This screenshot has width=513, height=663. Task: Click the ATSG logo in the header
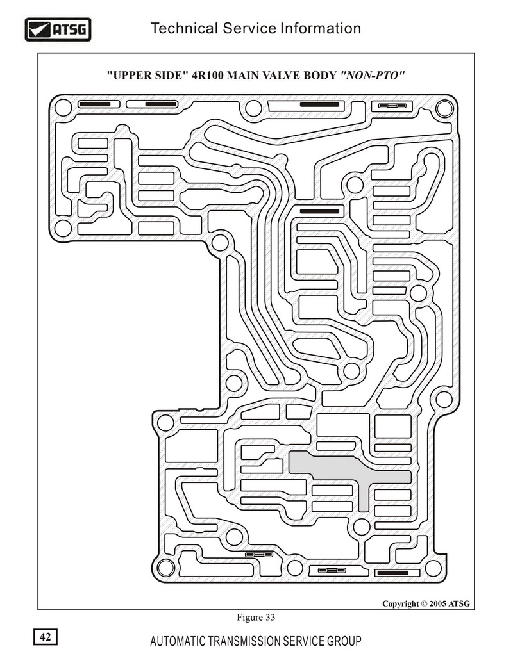(x=58, y=29)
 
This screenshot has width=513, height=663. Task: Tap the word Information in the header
(x=321, y=28)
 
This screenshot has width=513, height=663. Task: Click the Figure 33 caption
(x=256, y=618)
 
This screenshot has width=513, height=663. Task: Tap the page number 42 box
(x=46, y=637)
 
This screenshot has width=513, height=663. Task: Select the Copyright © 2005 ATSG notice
(x=426, y=603)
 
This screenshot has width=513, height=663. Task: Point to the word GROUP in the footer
(x=344, y=641)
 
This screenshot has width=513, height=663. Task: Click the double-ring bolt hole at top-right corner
(x=444, y=108)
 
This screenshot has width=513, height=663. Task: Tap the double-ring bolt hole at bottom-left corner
(x=165, y=568)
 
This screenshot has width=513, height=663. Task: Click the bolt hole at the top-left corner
(x=63, y=108)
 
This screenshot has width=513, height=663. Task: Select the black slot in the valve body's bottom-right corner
(x=392, y=573)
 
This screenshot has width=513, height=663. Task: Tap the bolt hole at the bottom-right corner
(x=433, y=568)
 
